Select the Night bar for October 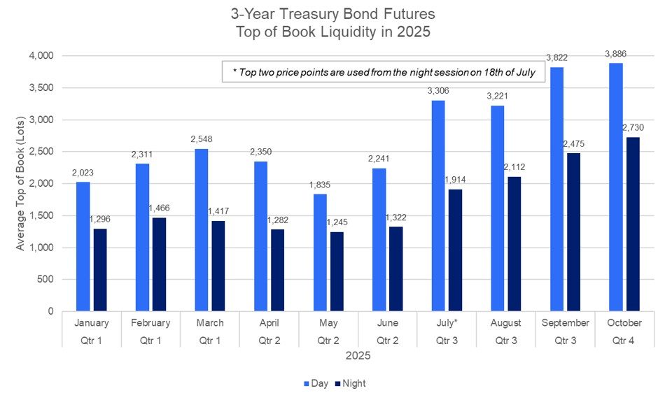633,224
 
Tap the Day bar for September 557,189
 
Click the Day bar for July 438,206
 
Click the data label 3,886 616,55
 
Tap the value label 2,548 202,140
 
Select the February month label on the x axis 150,323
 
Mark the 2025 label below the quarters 358,355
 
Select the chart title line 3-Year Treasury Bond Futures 333,13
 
